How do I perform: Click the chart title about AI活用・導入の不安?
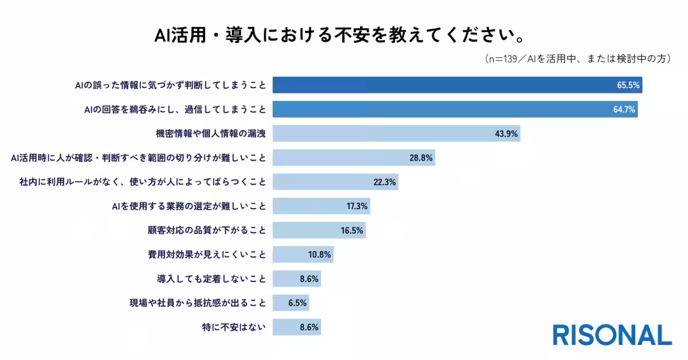tap(340, 35)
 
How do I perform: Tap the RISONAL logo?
tap(612, 335)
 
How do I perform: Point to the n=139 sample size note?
tap(577, 58)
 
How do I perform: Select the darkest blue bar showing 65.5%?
tap(458, 85)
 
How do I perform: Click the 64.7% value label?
tap(624, 109)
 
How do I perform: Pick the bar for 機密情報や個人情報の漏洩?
tap(396, 134)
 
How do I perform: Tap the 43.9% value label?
tap(506, 134)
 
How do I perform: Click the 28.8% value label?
tap(421, 158)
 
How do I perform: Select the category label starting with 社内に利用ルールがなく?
tap(143, 182)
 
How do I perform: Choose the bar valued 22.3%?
tap(335, 182)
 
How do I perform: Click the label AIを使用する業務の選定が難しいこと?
tap(189, 206)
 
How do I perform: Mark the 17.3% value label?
tap(357, 206)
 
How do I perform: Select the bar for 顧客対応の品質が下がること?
tap(319, 230)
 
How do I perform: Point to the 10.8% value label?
tap(319, 255)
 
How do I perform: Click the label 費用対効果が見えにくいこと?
tap(207, 255)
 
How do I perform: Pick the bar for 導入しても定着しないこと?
tap(297, 279)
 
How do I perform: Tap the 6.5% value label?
tap(298, 303)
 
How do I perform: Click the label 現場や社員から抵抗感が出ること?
tap(198, 303)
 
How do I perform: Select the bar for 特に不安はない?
tap(297, 327)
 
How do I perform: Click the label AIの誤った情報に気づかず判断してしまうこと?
tap(170, 85)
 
